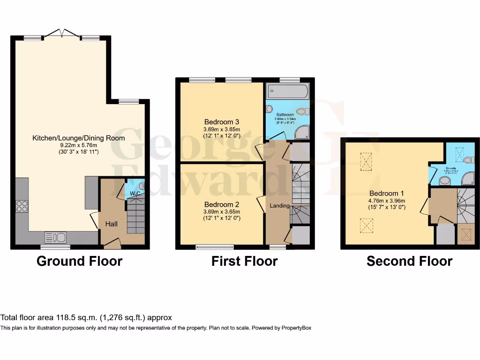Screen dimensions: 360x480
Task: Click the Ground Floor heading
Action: (79, 261)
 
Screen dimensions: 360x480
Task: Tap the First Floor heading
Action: (244, 261)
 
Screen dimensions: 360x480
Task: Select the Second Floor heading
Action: (409, 261)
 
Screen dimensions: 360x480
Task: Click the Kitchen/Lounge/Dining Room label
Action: (78, 138)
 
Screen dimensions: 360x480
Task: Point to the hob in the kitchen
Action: (22, 206)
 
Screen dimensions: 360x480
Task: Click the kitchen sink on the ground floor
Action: (55, 237)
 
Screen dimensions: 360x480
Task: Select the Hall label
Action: (111, 224)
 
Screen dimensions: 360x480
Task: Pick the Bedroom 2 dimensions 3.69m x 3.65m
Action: (222, 211)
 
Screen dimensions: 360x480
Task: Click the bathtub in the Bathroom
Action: (287, 91)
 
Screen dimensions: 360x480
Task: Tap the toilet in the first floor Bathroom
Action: (302, 112)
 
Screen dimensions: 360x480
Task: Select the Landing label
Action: (279, 206)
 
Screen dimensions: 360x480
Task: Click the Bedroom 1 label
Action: (387, 193)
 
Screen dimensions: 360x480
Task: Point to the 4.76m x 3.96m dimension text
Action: (387, 200)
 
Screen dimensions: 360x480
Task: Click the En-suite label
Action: (450, 167)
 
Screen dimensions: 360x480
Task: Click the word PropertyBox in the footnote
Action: (296, 328)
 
